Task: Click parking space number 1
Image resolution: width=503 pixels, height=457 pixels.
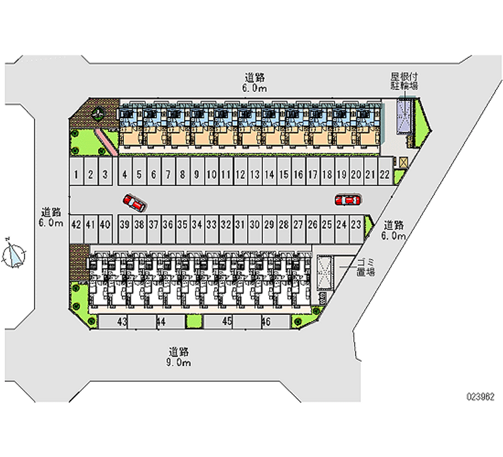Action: pyautogui.click(x=75, y=174)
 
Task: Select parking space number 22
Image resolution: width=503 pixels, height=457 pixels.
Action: pyautogui.click(x=384, y=174)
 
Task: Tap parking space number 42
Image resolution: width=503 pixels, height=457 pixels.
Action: pyautogui.click(x=76, y=224)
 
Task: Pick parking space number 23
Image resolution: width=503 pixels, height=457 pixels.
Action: pyautogui.click(x=356, y=224)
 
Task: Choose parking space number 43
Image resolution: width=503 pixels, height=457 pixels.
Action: pyautogui.click(x=123, y=321)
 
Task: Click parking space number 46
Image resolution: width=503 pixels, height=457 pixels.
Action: pyautogui.click(x=266, y=321)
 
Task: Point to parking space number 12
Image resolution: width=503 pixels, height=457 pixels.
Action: pyautogui.click(x=240, y=174)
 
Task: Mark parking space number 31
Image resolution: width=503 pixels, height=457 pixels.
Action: pyautogui.click(x=240, y=224)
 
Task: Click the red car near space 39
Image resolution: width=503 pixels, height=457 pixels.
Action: pyautogui.click(x=135, y=202)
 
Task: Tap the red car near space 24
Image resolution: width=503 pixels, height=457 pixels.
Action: pyautogui.click(x=347, y=200)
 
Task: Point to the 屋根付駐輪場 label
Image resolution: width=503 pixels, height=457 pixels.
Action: pyautogui.click(x=404, y=80)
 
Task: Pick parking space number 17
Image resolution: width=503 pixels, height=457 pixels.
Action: pyautogui.click(x=312, y=174)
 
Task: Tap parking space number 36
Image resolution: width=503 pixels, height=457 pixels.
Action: pyautogui.click(x=168, y=224)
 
